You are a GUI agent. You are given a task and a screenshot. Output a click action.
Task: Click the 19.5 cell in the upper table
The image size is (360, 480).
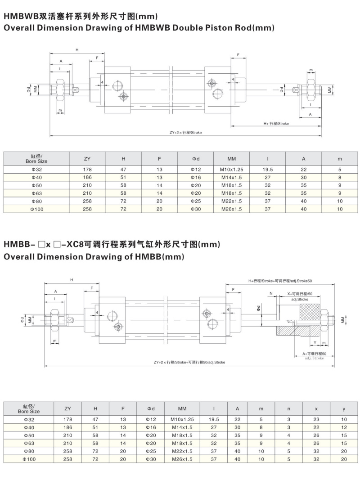pos(268,170)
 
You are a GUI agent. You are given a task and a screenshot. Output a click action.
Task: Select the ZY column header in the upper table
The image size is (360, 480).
pos(87,158)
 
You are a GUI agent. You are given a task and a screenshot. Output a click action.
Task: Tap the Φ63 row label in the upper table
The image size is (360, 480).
pos(36,193)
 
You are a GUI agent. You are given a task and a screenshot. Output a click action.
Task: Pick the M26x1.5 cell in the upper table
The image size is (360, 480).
pos(231,209)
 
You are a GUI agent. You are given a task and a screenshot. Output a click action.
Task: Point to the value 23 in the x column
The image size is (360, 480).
pos(316,419)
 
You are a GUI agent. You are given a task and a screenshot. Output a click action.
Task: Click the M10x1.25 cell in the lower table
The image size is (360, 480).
pos(182,419)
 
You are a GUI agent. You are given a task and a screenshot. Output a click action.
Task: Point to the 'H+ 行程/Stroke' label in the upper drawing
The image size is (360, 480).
pos(276,123)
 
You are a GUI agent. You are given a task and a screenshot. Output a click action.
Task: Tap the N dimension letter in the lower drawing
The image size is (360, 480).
pos(271,293)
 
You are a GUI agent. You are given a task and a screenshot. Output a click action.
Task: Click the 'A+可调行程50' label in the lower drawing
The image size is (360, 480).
pos(314,354)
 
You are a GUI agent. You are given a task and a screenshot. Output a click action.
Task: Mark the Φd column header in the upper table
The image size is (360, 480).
pos(195,158)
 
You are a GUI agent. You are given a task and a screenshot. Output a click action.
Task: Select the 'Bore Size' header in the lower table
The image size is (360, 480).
pos(29,411)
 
